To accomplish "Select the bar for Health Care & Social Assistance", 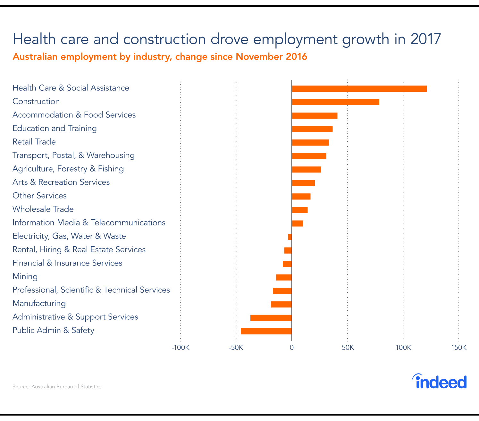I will pos(359,89).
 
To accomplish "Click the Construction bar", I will pos(335,102).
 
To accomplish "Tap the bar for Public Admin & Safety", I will pos(266,332).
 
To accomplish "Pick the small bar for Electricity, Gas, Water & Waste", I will pos(290,237).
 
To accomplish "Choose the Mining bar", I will pos(284,277).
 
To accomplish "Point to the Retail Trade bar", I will pos(310,143).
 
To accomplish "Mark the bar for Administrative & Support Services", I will pos(271,318).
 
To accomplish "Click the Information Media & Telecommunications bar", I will pos(298,223).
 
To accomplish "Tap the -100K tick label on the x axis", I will pos(181,348).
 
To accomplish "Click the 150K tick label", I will pos(459,348).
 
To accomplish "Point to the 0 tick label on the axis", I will pos(292,348).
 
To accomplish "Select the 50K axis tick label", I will pos(348,348).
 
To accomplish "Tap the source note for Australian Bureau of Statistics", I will pos(57,387).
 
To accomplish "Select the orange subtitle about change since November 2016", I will pos(160,57).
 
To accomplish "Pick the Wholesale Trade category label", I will pos(43,209).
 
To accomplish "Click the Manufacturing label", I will pos(39,303).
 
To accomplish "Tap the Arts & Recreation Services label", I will pos(61,182).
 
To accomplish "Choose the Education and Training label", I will pos(55,128).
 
